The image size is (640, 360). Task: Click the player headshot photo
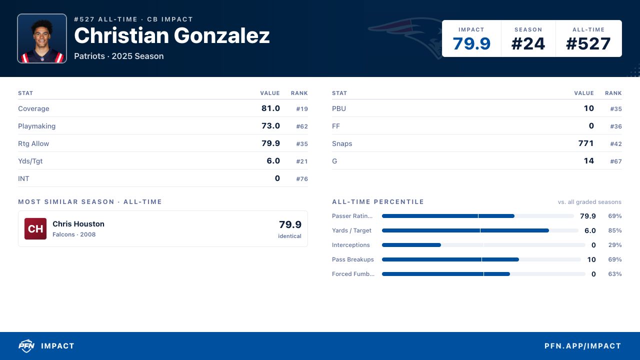42,38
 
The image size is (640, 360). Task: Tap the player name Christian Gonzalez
171,35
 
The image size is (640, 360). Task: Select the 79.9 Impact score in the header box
471,43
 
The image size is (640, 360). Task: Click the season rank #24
528,43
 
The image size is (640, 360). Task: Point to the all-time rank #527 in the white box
588,43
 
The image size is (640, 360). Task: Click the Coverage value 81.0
270,108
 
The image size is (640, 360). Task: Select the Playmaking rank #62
302,126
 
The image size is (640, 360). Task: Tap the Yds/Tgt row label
30,161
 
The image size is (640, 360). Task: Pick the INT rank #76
302,179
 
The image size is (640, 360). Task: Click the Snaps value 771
586,143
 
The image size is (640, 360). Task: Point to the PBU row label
339,108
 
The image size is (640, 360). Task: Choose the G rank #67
616,161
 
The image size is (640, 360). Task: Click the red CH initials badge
35,228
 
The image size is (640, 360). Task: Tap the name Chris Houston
78,223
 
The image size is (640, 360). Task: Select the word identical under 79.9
289,236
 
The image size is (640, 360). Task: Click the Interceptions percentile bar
483,245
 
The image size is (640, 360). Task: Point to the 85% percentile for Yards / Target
615,230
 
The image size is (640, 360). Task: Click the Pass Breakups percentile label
353,259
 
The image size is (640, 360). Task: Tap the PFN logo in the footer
26,345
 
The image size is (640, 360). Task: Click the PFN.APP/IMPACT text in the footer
582,346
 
